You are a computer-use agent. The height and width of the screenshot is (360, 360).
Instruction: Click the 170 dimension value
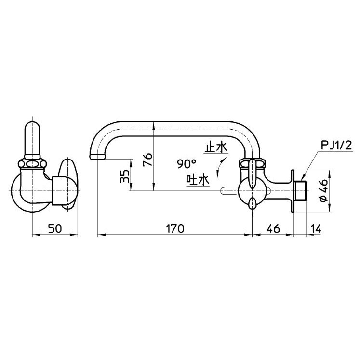pos(175,228)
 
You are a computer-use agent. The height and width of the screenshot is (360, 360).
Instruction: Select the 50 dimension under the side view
pos(55,228)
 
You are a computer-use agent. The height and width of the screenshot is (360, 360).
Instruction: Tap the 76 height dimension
pos(147,160)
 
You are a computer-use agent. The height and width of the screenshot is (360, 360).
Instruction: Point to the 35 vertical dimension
pos(124,176)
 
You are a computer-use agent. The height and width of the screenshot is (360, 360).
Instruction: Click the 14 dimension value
pos(316,228)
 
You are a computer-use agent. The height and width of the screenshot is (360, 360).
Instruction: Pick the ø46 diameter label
pos(324,190)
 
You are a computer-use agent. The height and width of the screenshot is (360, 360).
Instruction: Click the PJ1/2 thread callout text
pos(336,146)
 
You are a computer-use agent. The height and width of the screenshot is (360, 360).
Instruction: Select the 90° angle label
pos(187,164)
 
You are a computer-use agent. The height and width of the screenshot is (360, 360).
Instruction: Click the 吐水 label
pos(198,180)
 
